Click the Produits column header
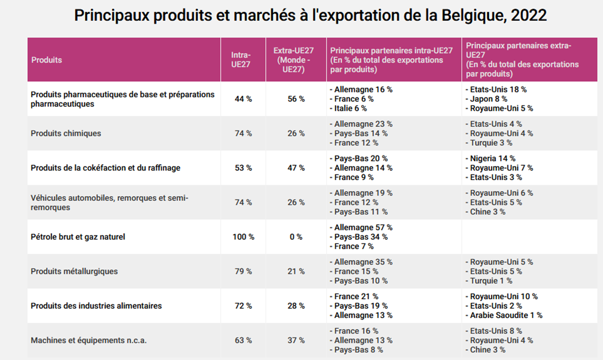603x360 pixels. tap(47, 60)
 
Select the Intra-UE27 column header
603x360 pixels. tap(241, 60)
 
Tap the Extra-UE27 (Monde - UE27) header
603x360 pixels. tap(293, 60)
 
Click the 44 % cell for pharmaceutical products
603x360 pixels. tap(243, 99)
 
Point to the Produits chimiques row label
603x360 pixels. tap(66, 134)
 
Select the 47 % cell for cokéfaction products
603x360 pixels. tap(296, 168)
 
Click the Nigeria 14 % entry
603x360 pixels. tap(490, 158)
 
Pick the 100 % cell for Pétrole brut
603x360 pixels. tap(243, 237)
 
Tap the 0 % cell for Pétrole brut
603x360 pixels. tap(296, 237)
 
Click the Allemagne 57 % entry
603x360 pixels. tap(361, 228)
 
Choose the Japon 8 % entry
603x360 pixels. tap(486, 99)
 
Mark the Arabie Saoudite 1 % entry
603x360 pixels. tap(504, 315)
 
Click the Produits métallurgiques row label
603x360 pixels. tap(74, 272)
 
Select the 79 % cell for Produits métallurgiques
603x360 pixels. tap(243, 272)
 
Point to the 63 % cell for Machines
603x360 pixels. tap(243, 340)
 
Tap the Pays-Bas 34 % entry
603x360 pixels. tap(359, 237)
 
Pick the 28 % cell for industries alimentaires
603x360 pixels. tap(296, 306)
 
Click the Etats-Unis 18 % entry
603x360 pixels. tap(496, 90)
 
